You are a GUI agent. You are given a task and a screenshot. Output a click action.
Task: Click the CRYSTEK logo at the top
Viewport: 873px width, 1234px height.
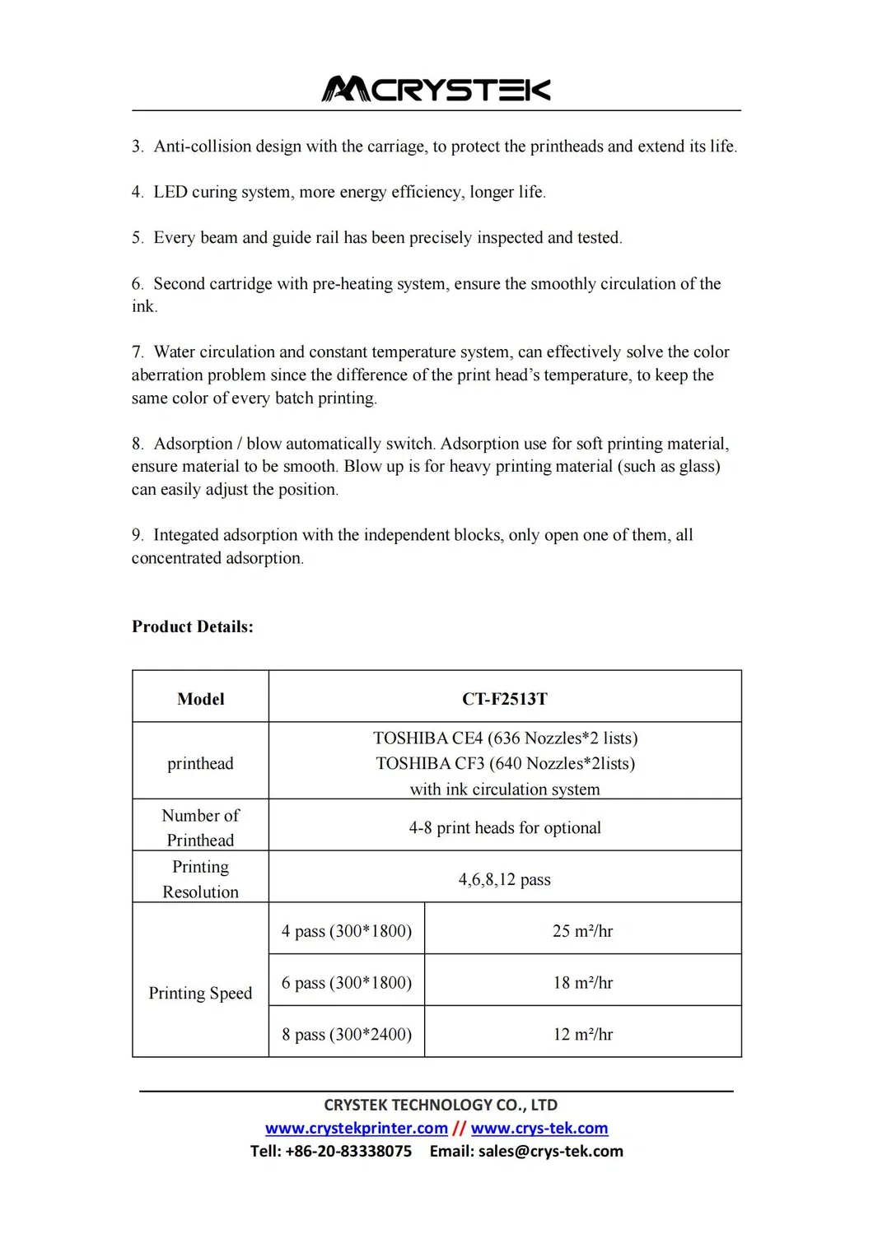[x=436, y=89]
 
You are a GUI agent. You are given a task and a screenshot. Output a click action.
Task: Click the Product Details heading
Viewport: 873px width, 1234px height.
[x=193, y=626]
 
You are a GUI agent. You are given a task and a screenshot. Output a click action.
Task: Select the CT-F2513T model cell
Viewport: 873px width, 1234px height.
[x=504, y=699]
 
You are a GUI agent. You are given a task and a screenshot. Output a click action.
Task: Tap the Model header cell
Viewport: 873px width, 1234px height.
[x=200, y=699]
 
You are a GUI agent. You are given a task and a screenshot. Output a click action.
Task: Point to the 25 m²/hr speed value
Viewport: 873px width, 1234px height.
[x=582, y=931]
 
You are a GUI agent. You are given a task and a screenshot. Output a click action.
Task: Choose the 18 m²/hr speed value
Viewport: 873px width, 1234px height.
[x=582, y=983]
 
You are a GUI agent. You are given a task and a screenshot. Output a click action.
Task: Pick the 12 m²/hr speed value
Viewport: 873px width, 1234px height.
[x=582, y=1035]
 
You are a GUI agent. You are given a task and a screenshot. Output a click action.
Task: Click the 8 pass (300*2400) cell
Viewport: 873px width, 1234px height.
[x=347, y=1035]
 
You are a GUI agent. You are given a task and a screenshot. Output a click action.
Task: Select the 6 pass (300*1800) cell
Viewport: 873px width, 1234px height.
[x=347, y=983]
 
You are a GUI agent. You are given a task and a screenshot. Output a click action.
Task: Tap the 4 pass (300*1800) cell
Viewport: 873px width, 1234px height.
[x=347, y=931]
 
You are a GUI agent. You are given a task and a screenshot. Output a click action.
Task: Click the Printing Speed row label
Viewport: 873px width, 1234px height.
[x=200, y=994]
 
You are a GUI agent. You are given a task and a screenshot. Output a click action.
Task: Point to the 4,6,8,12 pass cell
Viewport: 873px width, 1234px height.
[x=504, y=880]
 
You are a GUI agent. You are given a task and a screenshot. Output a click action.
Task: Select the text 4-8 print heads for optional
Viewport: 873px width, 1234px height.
[x=504, y=828]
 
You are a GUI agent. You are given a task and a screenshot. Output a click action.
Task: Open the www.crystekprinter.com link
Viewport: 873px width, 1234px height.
[x=356, y=1129]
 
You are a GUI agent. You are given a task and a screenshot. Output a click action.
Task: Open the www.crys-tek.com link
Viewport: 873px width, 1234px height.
[x=539, y=1129]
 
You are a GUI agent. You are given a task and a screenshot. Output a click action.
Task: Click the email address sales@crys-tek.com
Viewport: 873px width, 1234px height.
[x=550, y=1152]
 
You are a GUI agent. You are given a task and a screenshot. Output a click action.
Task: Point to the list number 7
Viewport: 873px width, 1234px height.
[x=137, y=352]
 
